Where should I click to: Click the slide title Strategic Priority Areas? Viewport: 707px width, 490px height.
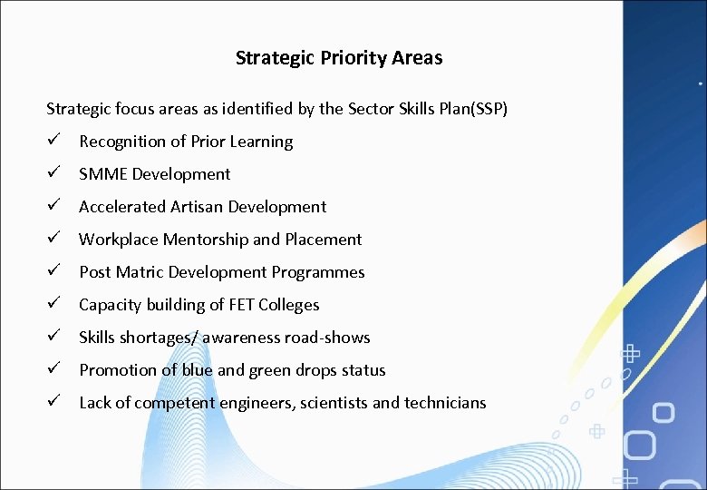(x=339, y=58)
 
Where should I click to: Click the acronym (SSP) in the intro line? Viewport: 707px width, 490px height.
(x=489, y=109)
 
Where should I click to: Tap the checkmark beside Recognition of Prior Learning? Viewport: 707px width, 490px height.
(x=54, y=142)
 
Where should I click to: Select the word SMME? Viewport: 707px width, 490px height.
(x=103, y=174)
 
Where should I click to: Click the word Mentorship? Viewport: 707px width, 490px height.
(x=209, y=240)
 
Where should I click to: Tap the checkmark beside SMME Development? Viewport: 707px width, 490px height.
(x=54, y=174)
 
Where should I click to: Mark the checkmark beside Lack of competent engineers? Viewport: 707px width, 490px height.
(x=54, y=403)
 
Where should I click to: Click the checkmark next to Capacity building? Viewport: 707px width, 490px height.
(x=54, y=305)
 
